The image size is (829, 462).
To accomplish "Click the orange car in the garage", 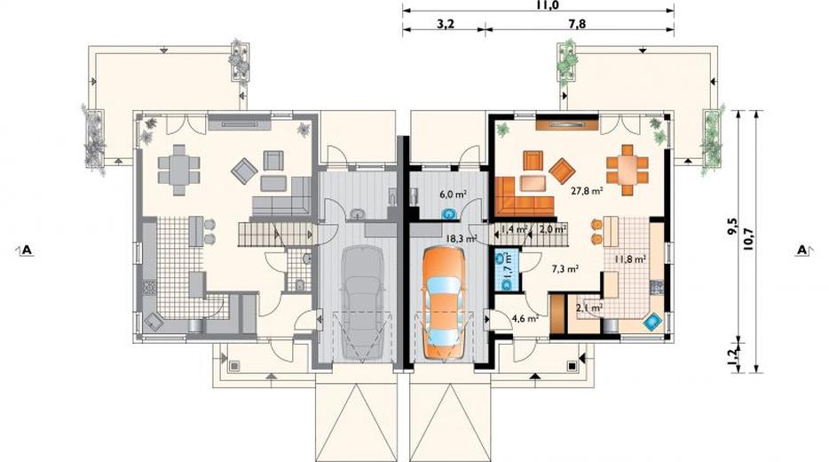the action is (444, 304).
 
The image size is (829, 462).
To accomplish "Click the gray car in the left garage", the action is (362, 303).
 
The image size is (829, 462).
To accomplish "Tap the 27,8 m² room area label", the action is (588, 191).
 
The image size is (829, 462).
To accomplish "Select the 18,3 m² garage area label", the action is (461, 239).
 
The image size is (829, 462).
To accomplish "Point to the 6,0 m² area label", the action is (453, 195).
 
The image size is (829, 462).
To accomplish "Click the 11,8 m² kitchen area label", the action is (631, 259).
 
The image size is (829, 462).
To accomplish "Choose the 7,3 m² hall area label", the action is (565, 269).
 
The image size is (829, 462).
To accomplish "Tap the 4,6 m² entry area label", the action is (525, 319).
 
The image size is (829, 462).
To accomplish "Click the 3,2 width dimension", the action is (446, 24).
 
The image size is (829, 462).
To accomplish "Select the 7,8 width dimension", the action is (577, 24).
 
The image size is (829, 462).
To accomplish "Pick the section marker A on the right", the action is (802, 250).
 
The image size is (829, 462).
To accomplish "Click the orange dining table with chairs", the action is (628, 170).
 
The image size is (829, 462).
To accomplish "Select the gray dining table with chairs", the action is (179, 170).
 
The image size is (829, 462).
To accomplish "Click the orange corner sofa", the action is (524, 196).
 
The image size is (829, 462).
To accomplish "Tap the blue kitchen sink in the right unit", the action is (653, 322).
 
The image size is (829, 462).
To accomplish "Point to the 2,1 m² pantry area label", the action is (589, 307).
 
